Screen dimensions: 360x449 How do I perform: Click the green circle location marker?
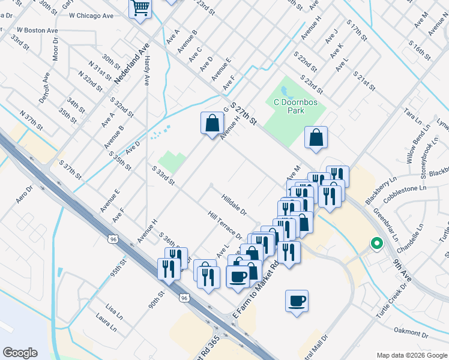click(376, 243)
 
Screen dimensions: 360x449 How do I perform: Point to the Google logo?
click(20, 352)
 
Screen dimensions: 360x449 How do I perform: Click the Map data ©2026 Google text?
click(411, 355)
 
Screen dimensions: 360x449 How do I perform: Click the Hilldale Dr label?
click(234, 204)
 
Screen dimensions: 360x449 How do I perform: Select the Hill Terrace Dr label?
click(224, 226)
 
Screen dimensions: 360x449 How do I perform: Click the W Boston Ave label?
click(37, 30)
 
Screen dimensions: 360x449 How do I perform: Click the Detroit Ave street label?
click(44, 87)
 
